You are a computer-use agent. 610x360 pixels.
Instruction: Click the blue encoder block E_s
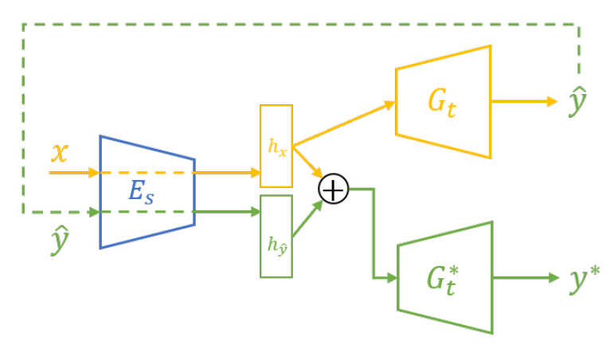147,191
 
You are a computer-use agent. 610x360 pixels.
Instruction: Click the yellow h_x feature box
276,148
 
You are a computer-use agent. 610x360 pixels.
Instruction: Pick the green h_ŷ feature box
276,236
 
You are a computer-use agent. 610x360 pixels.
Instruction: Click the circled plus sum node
334,190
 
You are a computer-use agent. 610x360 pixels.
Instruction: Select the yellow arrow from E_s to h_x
227,172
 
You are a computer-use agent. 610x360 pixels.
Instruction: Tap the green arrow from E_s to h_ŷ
227,212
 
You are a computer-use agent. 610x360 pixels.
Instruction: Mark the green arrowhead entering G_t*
391,278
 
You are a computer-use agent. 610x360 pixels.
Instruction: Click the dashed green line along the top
303,25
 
